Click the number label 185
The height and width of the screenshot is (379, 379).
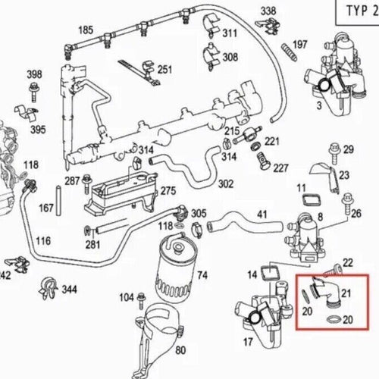(x=86, y=30)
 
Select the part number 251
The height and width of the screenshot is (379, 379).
(x=164, y=70)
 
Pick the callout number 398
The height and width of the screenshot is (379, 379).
(x=34, y=74)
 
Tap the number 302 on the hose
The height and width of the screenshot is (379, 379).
(x=225, y=184)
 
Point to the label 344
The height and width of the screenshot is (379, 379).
(x=69, y=289)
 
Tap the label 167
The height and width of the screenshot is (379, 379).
(x=46, y=207)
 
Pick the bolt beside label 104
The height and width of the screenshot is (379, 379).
(x=139, y=296)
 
